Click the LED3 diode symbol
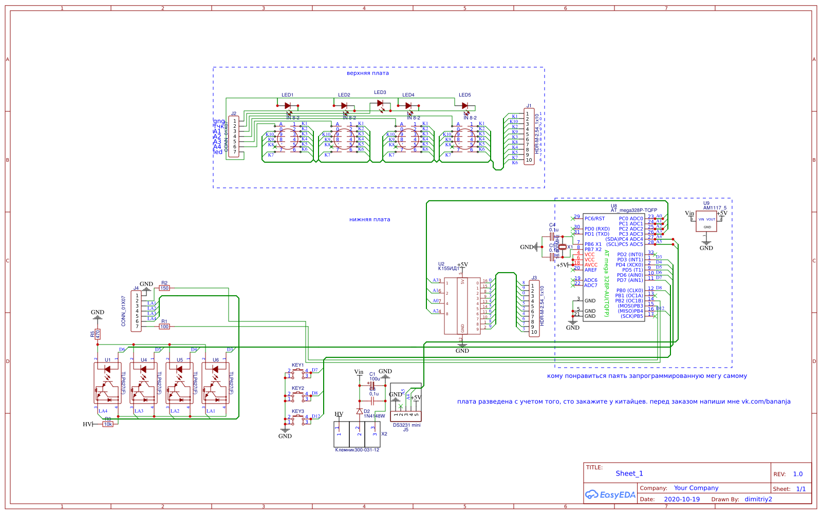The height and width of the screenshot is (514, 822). (x=380, y=103)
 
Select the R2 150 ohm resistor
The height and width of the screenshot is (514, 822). (x=164, y=288)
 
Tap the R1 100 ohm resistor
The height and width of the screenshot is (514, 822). (x=164, y=327)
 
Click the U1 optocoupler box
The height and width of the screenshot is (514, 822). (x=107, y=383)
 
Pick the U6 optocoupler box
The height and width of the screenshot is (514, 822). (x=215, y=383)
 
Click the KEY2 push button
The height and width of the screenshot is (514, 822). (x=298, y=396)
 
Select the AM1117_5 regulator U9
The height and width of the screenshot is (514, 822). (x=706, y=221)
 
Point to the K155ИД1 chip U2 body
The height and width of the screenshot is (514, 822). (x=462, y=306)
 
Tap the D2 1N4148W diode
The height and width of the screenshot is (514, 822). (x=359, y=411)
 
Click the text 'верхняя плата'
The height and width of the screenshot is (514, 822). (x=367, y=73)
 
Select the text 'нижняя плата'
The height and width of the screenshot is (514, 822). (x=369, y=219)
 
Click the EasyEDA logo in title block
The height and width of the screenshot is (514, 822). (x=610, y=495)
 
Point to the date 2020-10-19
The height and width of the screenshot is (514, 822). (x=681, y=499)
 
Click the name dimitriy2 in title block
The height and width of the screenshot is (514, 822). (x=758, y=499)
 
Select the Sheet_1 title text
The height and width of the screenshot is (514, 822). (x=629, y=473)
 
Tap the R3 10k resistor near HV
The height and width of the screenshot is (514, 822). (x=108, y=424)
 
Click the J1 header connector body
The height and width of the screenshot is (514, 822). (x=529, y=137)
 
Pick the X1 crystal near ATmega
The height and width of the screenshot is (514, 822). (x=563, y=248)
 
